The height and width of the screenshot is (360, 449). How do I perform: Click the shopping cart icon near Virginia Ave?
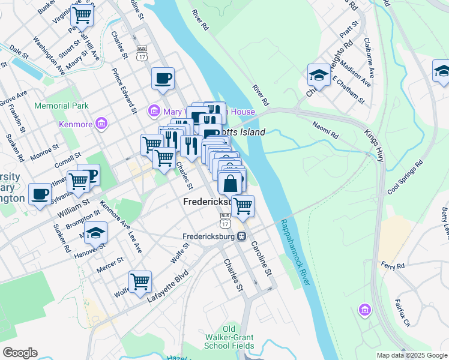coord(82,14)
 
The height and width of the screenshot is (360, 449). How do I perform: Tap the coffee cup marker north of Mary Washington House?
coord(162,78)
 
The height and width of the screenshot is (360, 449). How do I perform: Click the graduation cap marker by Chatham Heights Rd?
coord(319,74)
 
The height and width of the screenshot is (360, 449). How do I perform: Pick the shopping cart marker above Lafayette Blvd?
coord(140,281)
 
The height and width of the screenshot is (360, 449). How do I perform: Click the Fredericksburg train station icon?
coord(241,236)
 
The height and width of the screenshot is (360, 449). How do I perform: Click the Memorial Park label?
coord(62,106)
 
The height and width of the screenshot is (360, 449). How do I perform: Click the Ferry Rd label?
coord(393,265)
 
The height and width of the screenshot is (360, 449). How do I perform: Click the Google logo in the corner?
coord(20,353)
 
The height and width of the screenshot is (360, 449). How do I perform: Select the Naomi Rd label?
coord(325,127)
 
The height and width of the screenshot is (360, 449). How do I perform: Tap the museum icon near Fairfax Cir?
coord(364,310)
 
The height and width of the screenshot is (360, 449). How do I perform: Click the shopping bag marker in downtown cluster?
coord(230,182)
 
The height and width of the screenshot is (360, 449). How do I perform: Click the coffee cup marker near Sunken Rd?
coord(40,194)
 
